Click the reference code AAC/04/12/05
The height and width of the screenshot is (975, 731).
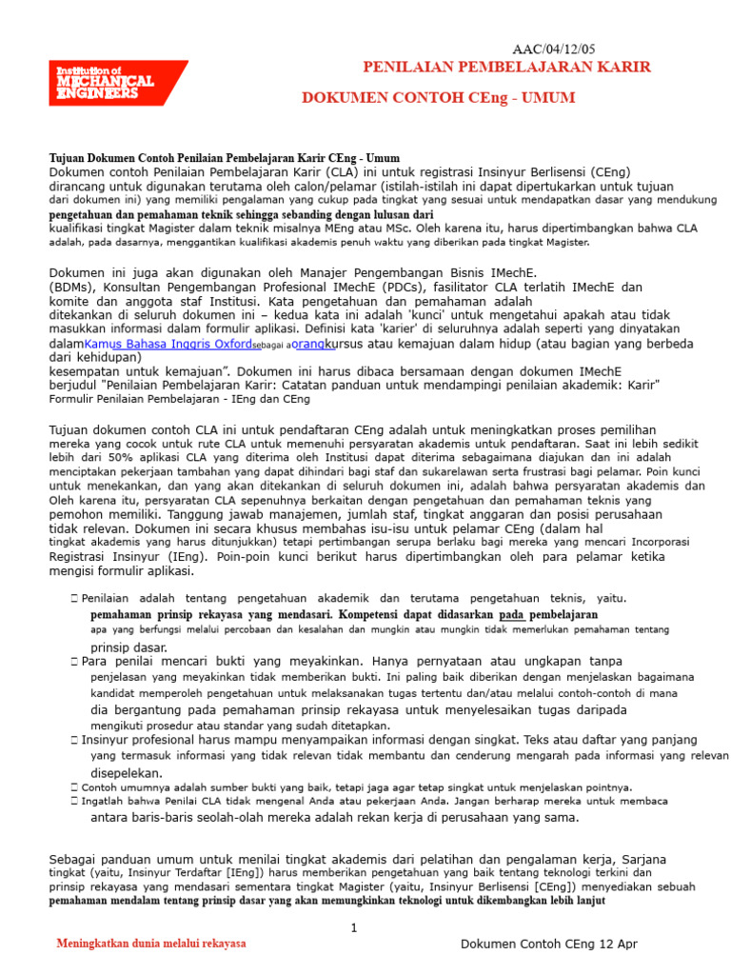555,50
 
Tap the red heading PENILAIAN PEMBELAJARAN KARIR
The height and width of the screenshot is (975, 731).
507,67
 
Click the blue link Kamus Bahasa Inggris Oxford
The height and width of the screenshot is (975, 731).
168,345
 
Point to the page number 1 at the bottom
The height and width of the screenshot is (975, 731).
353,927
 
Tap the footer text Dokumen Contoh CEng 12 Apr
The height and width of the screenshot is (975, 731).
548,944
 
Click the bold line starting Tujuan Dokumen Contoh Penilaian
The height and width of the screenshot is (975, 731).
224,158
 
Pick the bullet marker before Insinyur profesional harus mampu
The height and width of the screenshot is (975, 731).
74,740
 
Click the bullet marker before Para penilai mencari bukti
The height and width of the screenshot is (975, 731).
74,661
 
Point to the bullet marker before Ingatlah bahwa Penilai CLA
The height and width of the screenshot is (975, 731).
74,801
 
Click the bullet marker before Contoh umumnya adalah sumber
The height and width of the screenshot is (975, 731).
74,787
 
